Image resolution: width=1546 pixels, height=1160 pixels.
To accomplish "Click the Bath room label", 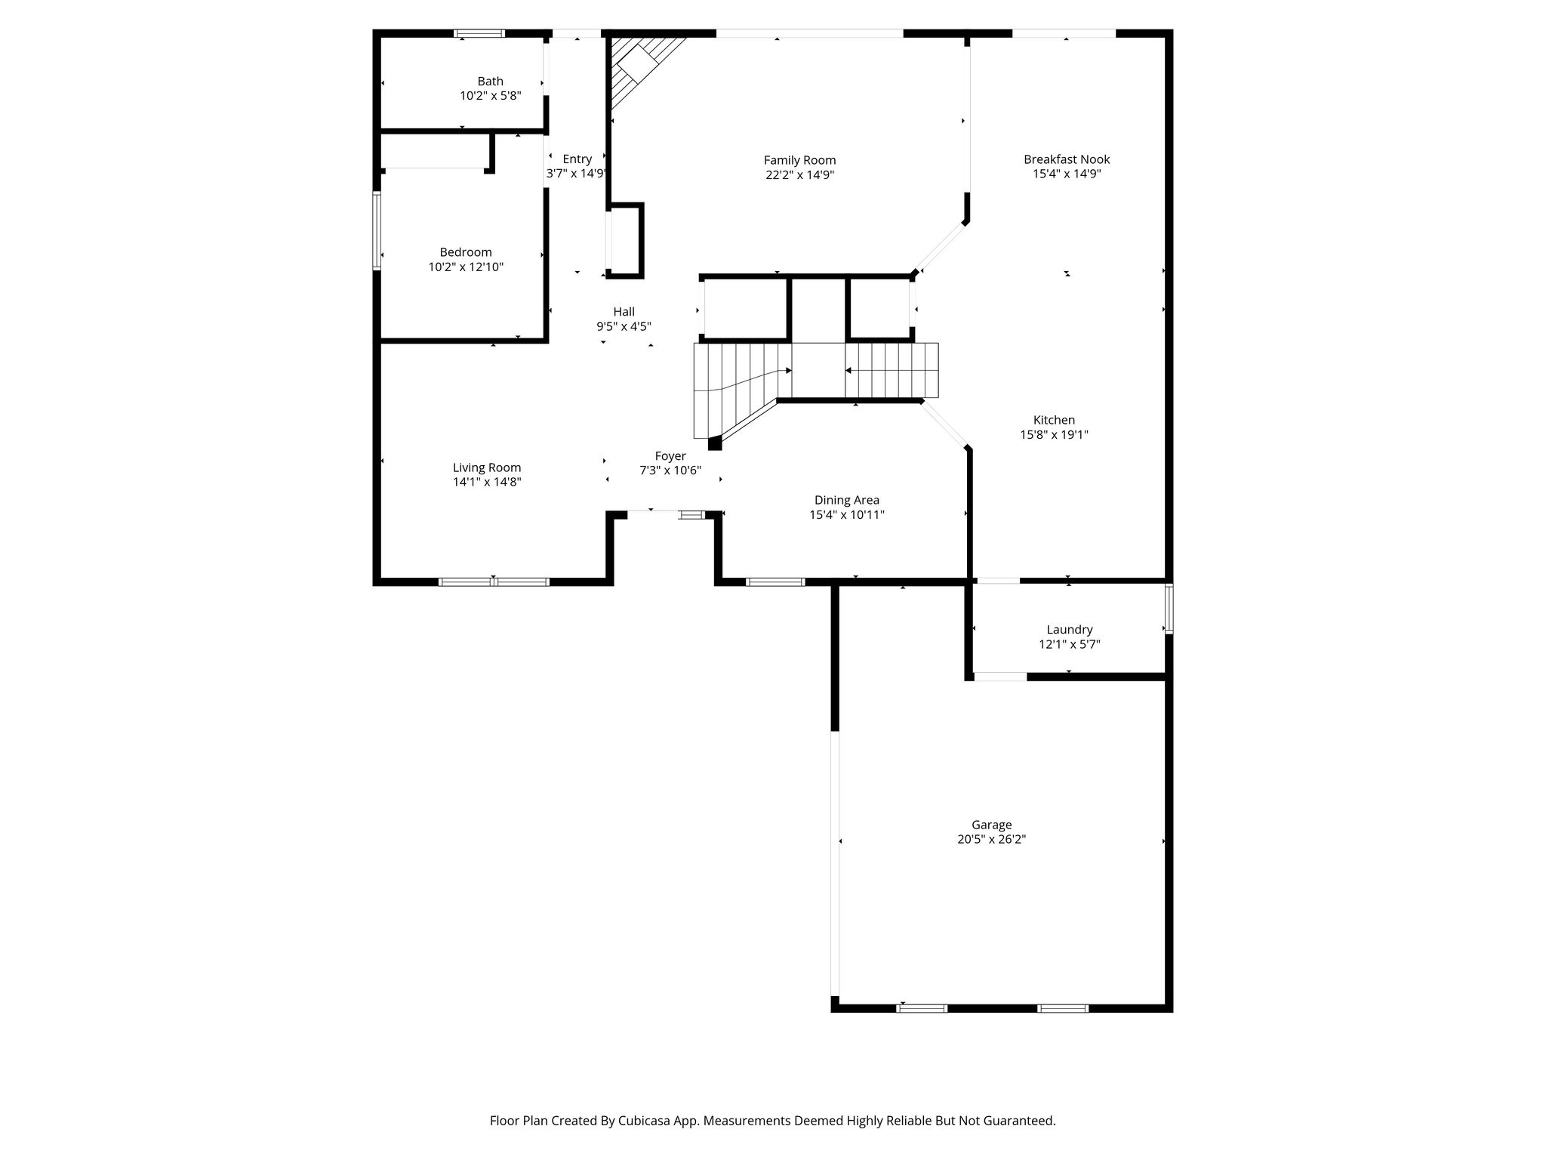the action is (490, 82).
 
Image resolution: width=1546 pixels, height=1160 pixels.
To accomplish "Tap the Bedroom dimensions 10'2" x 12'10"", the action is (466, 267).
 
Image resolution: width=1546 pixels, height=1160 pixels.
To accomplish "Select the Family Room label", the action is (799, 160).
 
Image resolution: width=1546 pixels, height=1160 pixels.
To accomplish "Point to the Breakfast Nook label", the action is (1067, 159).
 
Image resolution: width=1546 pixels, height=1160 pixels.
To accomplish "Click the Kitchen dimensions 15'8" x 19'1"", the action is (1054, 435).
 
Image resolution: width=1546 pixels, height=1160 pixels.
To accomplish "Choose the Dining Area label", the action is (846, 500).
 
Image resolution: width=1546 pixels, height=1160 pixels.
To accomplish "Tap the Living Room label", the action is (487, 468).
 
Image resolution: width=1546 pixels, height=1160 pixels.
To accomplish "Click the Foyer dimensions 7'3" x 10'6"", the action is (670, 470).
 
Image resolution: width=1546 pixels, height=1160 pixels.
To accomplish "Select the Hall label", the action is (624, 312).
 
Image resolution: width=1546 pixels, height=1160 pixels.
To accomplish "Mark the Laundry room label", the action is (1070, 630).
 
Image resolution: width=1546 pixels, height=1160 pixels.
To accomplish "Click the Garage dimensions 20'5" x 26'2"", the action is (991, 839).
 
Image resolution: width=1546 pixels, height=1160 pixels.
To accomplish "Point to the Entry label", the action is (577, 159).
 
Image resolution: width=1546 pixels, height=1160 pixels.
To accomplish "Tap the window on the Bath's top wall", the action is (479, 33).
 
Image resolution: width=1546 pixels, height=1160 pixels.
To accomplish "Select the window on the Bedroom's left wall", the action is (377, 230).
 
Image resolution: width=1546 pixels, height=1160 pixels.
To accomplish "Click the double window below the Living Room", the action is (494, 582).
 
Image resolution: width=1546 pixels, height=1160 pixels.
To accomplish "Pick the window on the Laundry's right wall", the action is (1169, 608).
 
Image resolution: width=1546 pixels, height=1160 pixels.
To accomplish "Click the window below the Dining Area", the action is (775, 582).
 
